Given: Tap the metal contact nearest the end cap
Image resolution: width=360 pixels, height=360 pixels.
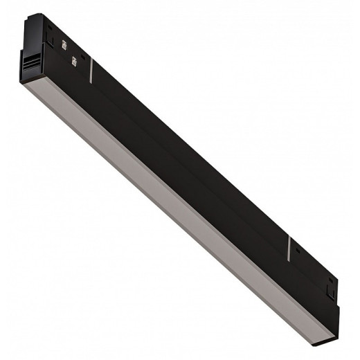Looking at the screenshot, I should tap(64, 46).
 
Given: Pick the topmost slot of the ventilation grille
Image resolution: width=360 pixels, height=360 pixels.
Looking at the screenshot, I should tap(33, 57).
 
